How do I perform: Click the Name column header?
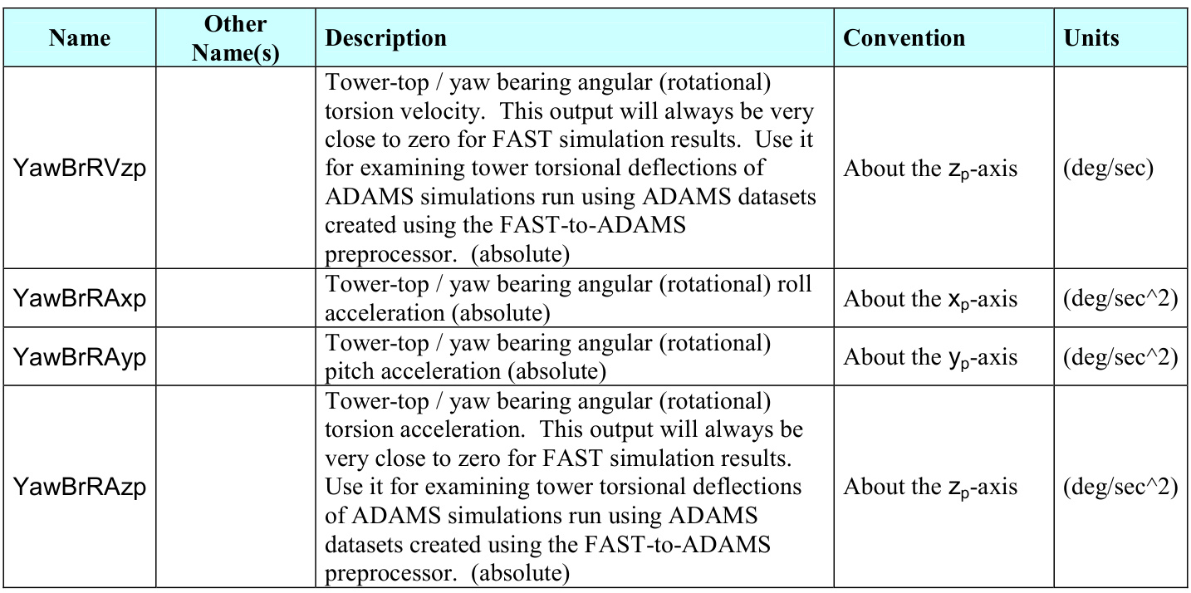point(79,38)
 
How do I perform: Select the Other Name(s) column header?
point(235,38)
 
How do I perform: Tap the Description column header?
point(386,38)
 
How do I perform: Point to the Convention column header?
point(904,38)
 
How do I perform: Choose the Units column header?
point(1091,38)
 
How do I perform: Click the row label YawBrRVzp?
point(79,169)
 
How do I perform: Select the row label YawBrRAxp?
point(79,299)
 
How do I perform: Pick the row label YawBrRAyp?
point(79,357)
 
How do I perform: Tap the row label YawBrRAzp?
point(79,487)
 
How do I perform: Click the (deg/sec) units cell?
point(1109,169)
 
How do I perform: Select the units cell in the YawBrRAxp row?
point(1120,299)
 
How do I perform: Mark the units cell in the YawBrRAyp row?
point(1120,357)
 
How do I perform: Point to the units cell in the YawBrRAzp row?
point(1120,487)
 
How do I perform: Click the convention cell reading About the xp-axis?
point(930,299)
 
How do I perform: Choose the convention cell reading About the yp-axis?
point(930,357)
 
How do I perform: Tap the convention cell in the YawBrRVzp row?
point(930,169)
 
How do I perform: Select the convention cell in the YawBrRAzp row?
point(930,487)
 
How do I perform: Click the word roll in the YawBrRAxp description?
point(795,284)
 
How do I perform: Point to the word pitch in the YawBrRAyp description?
point(350,370)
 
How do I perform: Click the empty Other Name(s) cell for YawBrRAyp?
point(235,357)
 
